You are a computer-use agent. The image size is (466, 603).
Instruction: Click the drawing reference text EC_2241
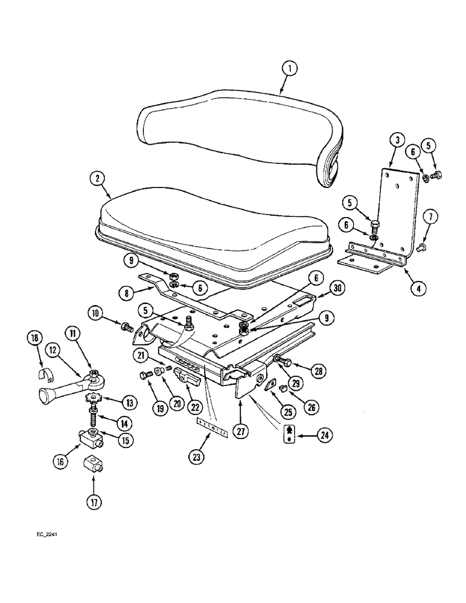pos(46,534)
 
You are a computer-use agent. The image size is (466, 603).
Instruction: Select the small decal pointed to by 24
pos(290,434)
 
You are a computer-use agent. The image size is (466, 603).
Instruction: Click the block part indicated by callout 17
pos(94,466)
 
